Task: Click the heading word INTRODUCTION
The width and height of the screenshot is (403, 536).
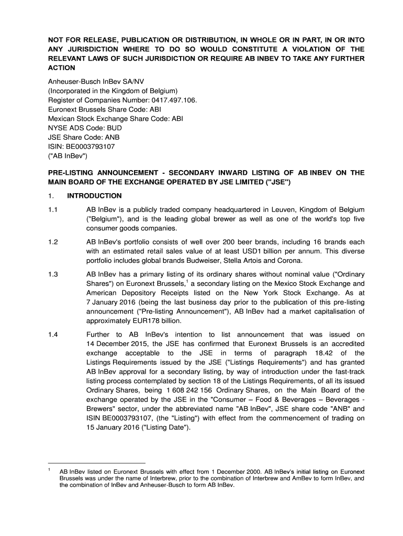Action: click(x=94, y=196)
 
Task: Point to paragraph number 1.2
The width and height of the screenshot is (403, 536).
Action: click(x=53, y=242)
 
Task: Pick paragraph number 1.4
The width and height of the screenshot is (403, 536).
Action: click(x=53, y=334)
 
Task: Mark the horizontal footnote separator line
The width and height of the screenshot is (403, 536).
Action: click(x=97, y=463)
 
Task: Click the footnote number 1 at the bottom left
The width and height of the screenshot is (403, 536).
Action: click(x=49, y=470)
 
